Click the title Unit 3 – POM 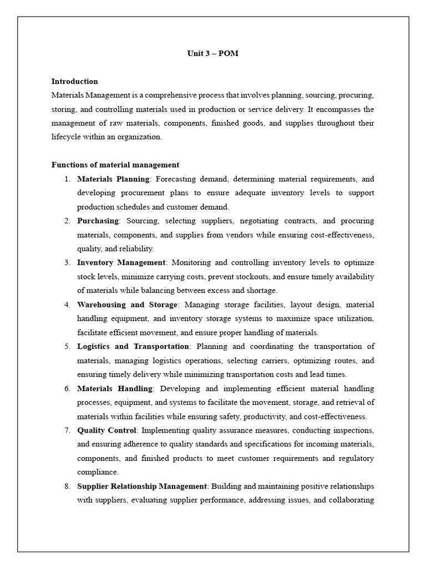pyautogui.click(x=212, y=53)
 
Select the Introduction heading pyautogui.click(x=75, y=81)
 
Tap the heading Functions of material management pyautogui.click(x=115, y=165)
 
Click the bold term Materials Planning pyautogui.click(x=113, y=179)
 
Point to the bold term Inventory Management pyautogui.click(x=121, y=262)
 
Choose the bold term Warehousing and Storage pyautogui.click(x=127, y=305)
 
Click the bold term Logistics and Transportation pyautogui.click(x=133, y=346)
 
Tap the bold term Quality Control pyautogui.click(x=106, y=430)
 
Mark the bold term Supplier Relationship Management pyautogui.click(x=142, y=486)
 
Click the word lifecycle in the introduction pyautogui.click(x=66, y=137)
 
